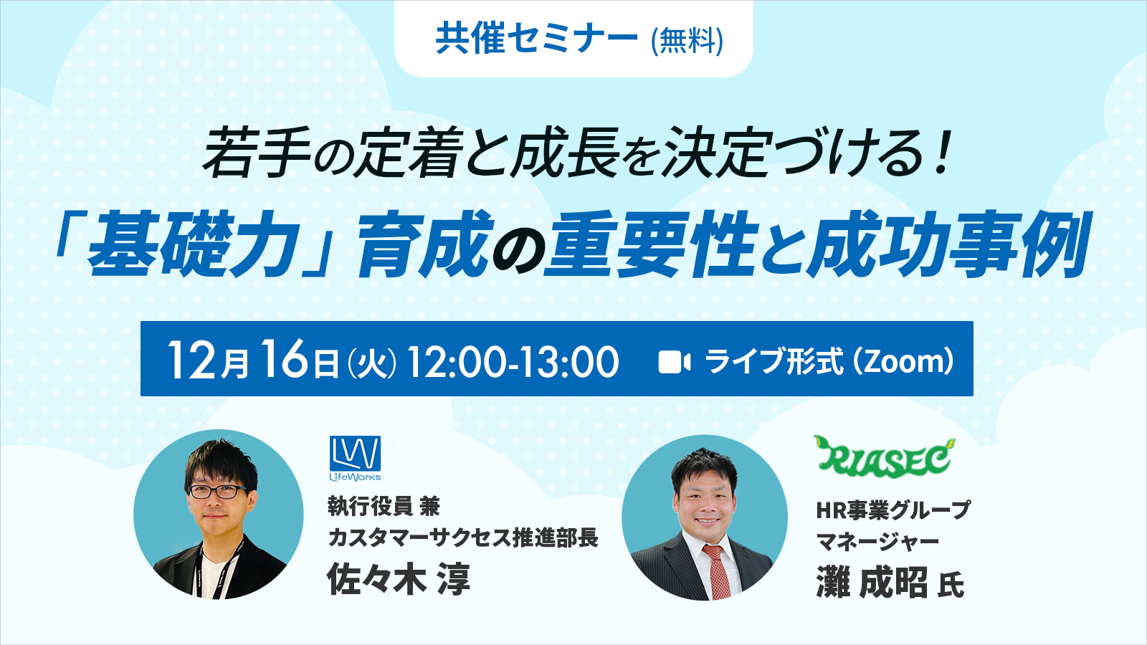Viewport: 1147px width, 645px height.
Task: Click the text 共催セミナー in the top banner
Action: pos(536,39)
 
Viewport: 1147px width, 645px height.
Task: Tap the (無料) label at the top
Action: pos(687,40)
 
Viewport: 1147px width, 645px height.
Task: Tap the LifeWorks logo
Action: pos(355,458)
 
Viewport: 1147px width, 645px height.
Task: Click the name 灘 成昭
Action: pos(872,582)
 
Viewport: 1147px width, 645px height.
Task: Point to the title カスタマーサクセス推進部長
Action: pos(462,537)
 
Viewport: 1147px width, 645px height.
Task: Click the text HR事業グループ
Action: pos(893,510)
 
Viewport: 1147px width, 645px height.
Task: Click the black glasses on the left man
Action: pos(217,492)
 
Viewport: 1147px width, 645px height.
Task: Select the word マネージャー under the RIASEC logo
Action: pos(877,542)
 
